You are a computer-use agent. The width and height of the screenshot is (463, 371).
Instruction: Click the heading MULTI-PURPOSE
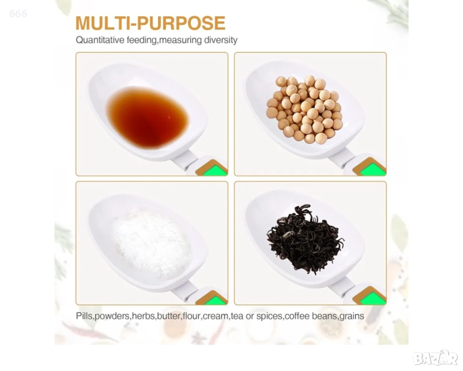point(151,23)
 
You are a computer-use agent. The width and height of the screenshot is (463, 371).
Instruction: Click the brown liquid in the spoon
point(147,117)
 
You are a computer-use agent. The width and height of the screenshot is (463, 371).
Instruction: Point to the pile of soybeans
point(305,109)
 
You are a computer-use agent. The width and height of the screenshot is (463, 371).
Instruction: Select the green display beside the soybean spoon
point(373,170)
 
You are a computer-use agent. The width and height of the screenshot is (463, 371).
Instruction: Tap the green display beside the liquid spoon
point(214,170)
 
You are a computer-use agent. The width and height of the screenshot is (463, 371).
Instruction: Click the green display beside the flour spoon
point(214,300)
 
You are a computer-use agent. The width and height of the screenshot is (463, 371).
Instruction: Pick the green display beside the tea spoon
point(373,299)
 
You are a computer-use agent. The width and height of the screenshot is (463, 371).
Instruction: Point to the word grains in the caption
point(352,316)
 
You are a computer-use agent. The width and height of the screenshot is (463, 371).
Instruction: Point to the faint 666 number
point(18,14)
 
